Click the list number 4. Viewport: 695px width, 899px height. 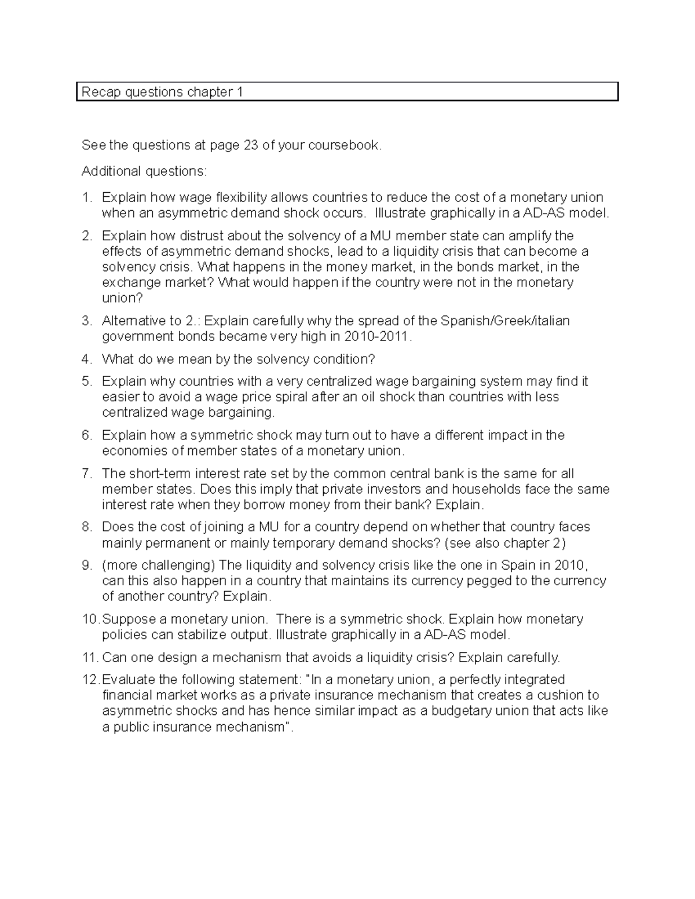coord(86,359)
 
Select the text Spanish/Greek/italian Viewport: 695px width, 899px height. coord(505,321)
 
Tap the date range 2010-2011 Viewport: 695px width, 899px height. coord(378,336)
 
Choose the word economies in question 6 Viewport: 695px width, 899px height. coord(130,451)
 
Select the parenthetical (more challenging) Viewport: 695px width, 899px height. coord(158,565)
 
